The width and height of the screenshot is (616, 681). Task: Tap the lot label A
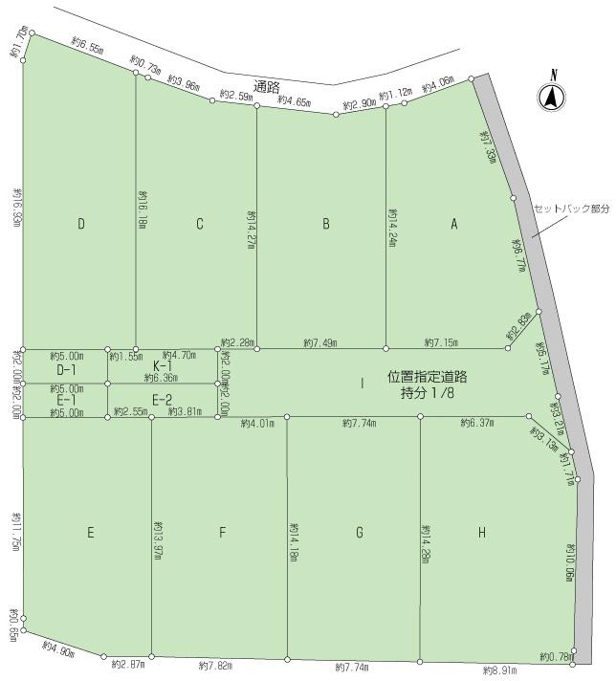point(455,225)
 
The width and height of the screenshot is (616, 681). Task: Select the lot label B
point(326,225)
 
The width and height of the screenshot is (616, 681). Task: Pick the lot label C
point(200,225)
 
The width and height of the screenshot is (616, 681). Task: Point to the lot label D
point(82,225)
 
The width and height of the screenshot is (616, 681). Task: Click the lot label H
point(482,534)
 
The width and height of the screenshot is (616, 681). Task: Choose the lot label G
point(360,534)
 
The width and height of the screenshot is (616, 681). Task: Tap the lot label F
point(222,534)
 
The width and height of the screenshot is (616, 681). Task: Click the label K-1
point(163,365)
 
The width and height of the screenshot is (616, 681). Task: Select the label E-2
point(163,400)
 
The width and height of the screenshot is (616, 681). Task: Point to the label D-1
point(66,369)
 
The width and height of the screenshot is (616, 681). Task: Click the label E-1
point(66,400)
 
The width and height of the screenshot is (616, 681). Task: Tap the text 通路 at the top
point(268,86)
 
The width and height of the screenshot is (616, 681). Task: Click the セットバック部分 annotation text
point(571,208)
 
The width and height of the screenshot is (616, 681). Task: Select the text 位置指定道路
point(427,378)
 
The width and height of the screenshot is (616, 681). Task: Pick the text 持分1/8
point(427,393)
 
